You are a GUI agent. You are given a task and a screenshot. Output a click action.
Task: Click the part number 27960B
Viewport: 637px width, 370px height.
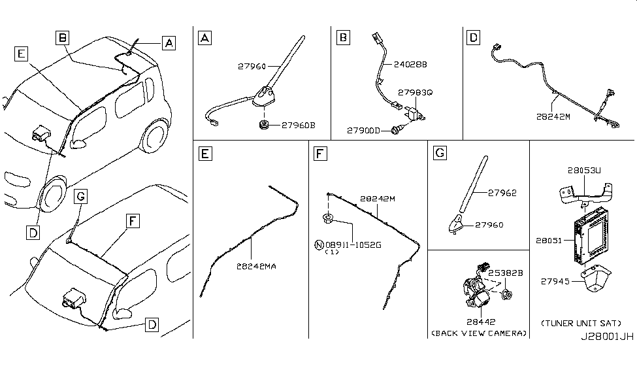click(299, 124)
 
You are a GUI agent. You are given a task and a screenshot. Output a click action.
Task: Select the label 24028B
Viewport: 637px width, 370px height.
click(410, 65)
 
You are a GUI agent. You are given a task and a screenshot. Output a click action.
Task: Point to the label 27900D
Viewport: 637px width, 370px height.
click(365, 131)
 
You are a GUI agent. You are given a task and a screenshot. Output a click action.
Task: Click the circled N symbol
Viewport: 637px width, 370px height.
click(319, 245)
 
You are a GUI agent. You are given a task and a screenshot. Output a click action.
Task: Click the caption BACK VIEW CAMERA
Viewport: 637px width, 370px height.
click(479, 333)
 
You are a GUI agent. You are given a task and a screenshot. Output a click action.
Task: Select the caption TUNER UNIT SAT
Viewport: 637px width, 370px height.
click(581, 323)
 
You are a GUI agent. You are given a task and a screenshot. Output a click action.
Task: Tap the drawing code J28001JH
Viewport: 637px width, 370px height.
click(607, 338)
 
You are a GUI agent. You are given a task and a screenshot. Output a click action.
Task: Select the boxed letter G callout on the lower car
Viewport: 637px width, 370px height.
click(80, 195)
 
